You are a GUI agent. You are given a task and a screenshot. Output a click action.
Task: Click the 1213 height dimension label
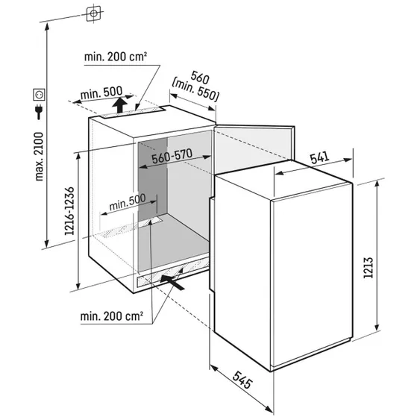click(369, 268)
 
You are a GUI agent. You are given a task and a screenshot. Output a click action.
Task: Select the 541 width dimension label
click(320, 157)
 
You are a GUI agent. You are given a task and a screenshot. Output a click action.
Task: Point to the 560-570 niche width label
click(172, 156)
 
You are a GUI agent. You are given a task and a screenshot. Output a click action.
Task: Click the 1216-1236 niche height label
click(69, 211)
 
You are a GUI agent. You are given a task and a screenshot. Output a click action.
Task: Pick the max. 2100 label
click(39, 157)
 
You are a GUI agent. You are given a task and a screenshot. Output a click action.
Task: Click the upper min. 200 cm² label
click(116, 57)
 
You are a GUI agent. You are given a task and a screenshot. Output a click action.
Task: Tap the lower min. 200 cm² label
click(112, 316)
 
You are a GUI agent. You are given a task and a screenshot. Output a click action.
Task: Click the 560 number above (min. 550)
click(200, 77)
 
